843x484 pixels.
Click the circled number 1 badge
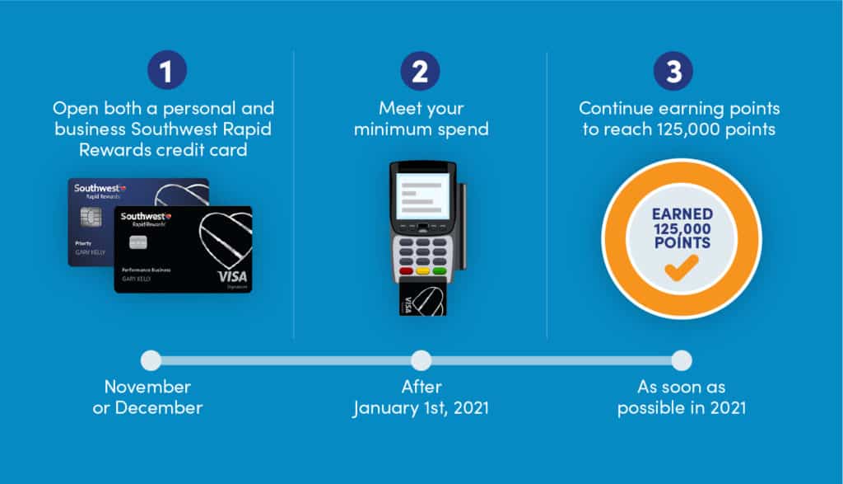coord(167,71)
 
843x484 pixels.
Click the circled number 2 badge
coord(421,71)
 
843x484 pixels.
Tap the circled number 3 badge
coord(673,71)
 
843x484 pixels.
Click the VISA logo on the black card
coord(232,277)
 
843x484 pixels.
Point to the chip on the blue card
coord(91,217)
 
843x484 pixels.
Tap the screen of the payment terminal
coord(422,195)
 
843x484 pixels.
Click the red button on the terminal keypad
coord(407,270)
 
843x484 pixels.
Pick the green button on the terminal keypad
coord(440,270)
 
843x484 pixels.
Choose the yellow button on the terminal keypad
coord(423,270)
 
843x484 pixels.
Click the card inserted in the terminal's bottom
coord(422,299)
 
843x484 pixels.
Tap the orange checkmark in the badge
coord(681,268)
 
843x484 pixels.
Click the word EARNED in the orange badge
coord(682,214)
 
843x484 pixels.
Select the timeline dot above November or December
coord(151,360)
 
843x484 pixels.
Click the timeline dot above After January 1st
coord(421,360)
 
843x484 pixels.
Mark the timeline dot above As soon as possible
coord(681,360)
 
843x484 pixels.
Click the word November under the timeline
coord(148,387)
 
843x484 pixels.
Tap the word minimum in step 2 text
coord(385,129)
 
